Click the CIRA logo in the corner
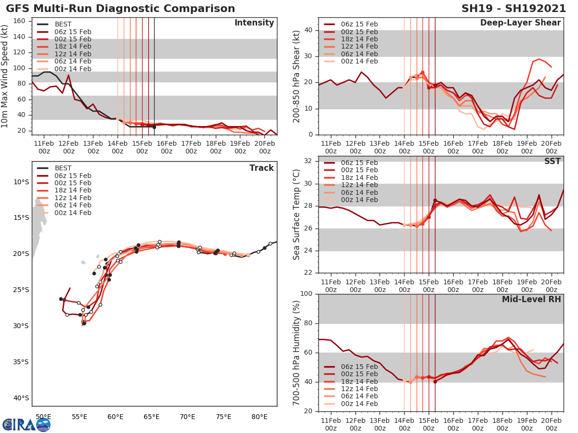tap(26, 424)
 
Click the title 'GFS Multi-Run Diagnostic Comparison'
tap(120, 9)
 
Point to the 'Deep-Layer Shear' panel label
tap(520, 23)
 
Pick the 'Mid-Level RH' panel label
tap(531, 299)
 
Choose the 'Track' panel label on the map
tap(262, 168)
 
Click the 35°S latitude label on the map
tap(22, 362)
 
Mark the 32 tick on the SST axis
tap(308, 161)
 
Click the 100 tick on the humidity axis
tap(306, 294)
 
